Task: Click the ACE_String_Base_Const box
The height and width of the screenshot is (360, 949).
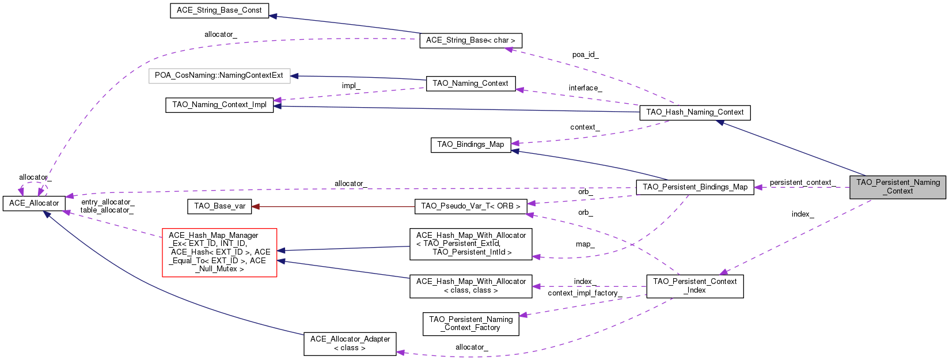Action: (x=219, y=10)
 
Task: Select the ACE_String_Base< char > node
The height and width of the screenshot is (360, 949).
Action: (x=470, y=40)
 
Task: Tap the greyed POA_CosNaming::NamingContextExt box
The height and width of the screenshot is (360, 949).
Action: (x=219, y=75)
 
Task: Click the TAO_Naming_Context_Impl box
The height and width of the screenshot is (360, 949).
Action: (x=219, y=105)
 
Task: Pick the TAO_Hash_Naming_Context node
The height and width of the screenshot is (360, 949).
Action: (x=694, y=112)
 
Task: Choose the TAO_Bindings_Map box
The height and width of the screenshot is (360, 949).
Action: (x=470, y=145)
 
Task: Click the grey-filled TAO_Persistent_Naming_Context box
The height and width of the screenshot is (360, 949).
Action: (x=897, y=187)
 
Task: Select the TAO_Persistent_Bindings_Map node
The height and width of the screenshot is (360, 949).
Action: (x=694, y=187)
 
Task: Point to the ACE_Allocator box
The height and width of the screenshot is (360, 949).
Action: (x=34, y=203)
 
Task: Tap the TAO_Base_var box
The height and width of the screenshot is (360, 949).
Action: (x=219, y=206)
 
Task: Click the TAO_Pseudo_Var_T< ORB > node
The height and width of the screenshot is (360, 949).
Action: (x=470, y=206)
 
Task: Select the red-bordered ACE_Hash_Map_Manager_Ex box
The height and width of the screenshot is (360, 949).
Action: (x=219, y=252)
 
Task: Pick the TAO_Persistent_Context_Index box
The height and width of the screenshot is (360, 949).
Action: (x=694, y=286)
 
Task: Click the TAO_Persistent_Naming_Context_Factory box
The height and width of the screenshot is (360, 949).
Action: (x=470, y=324)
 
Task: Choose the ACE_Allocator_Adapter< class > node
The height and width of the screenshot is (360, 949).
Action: (x=350, y=344)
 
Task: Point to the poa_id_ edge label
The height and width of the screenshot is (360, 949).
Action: (x=585, y=55)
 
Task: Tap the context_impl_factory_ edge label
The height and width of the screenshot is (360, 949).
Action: (x=584, y=293)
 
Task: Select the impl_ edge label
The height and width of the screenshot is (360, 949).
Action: (x=351, y=86)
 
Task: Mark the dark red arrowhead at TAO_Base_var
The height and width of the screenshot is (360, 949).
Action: (x=256, y=206)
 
